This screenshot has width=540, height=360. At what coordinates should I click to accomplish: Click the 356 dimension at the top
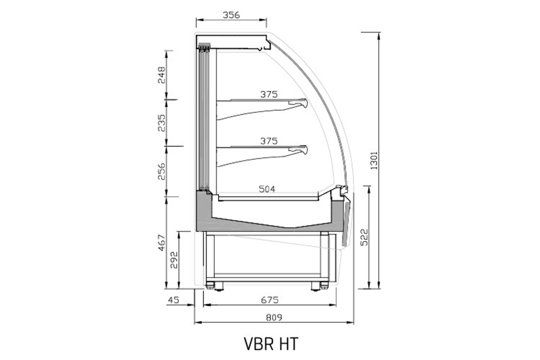tap(231, 15)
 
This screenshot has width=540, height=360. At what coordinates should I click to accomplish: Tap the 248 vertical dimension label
tap(162, 75)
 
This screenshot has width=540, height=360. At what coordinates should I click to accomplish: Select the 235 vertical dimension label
tap(162, 123)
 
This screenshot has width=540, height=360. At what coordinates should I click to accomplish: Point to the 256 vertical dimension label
tap(162, 171)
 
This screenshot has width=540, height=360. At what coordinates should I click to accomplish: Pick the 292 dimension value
tap(174, 260)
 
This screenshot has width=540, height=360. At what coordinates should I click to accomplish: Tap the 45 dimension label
tap(174, 300)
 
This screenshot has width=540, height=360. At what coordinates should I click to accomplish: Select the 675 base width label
tap(270, 300)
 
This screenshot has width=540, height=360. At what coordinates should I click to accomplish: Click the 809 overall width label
tap(274, 318)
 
